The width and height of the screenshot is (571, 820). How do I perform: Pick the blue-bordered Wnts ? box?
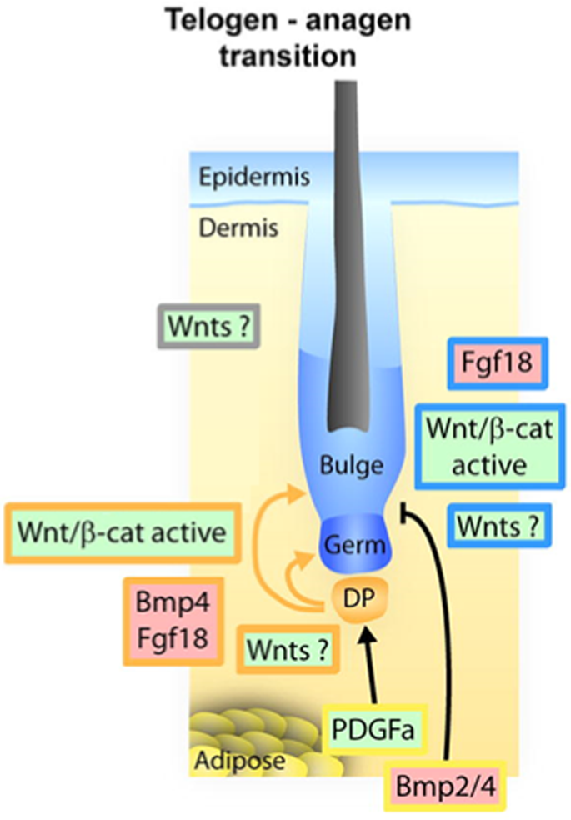(493, 527)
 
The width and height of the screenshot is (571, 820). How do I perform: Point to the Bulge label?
(351, 464)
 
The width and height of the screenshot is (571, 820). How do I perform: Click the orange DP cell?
(360, 598)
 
